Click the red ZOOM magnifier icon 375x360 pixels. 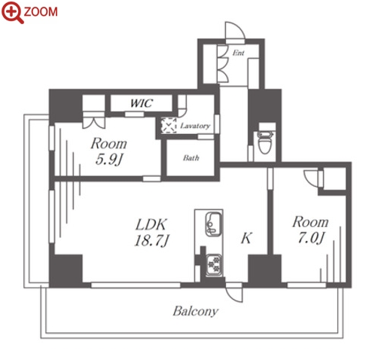coord(13,12)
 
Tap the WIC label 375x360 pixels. coord(142,103)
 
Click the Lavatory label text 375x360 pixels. coord(195,126)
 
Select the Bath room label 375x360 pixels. coord(191,158)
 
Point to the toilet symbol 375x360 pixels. coord(265,142)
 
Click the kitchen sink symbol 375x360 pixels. coord(213,224)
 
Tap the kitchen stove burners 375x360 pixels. coord(214,265)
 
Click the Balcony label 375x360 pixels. coord(196,312)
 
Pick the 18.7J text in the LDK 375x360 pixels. coord(152,240)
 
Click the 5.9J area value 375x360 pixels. coord(109,159)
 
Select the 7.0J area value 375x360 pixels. coord(311,238)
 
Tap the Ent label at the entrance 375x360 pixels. coord(238,53)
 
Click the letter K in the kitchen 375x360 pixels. coord(246,238)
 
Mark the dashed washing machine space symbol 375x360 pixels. coord(169,125)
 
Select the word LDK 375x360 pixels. coord(151,224)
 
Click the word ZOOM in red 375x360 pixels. coord(41,11)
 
